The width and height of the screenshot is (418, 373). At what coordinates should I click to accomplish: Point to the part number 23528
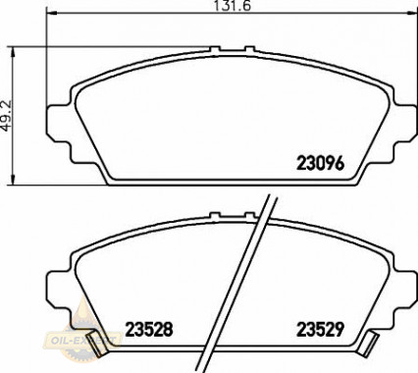(148, 330)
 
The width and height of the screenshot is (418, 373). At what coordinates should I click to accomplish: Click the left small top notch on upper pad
(216, 46)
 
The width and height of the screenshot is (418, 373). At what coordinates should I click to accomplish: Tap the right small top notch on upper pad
(250, 46)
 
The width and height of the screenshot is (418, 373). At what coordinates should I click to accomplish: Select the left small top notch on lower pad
(216, 211)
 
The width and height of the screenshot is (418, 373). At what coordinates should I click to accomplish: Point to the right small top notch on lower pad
(250, 211)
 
